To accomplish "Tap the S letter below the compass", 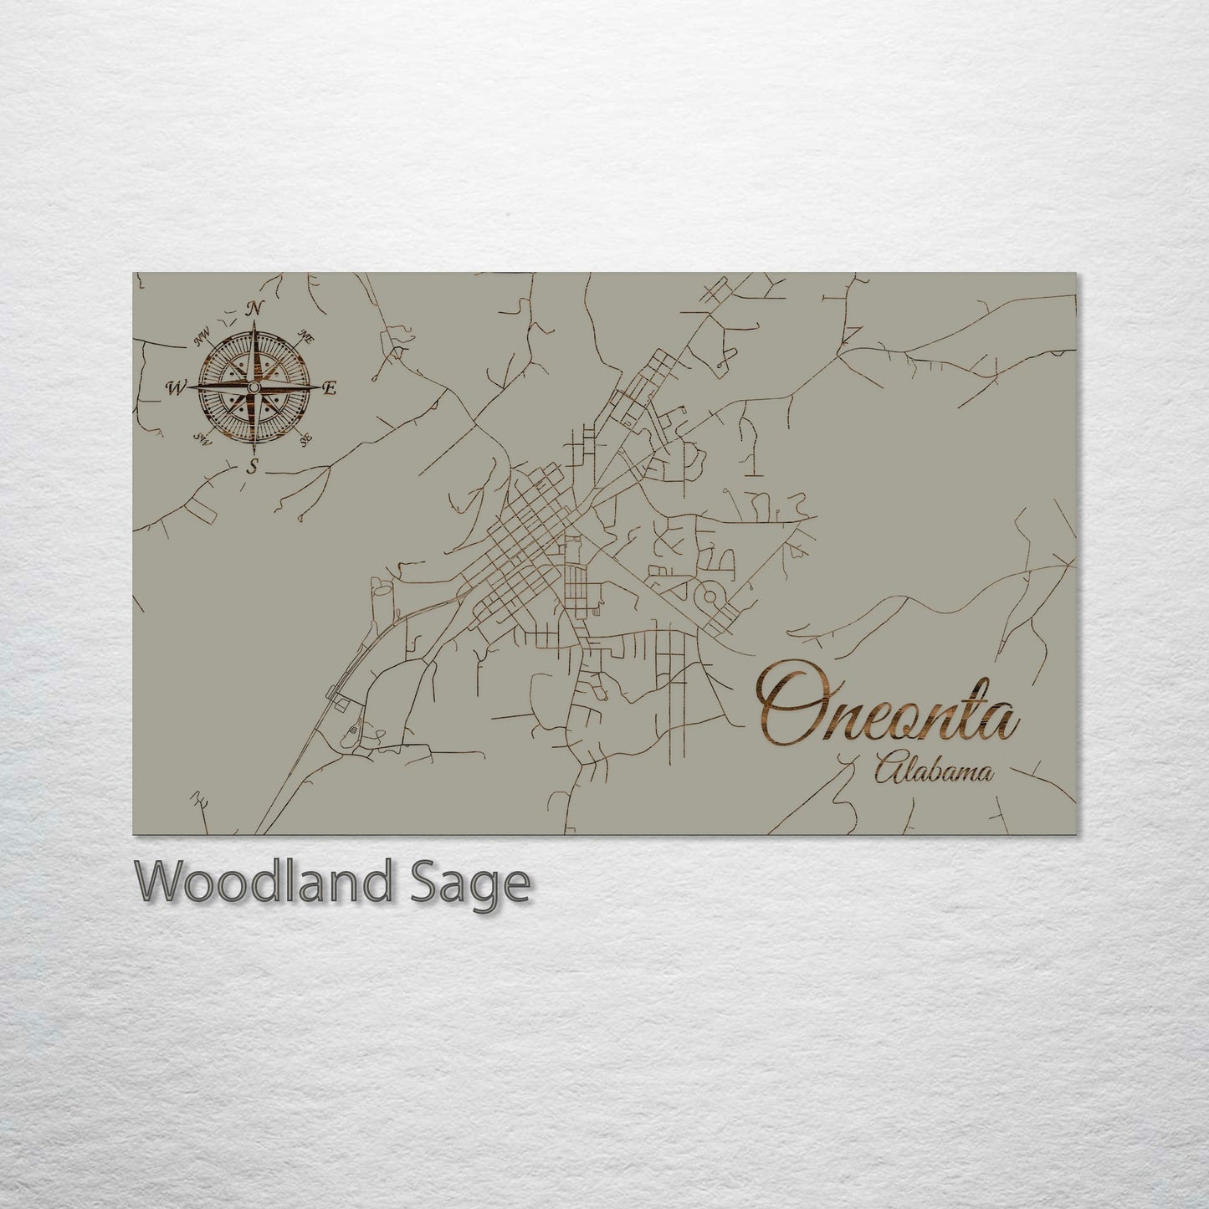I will (x=252, y=467).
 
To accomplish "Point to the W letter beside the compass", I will (x=176, y=387).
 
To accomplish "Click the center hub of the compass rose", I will (x=253, y=387).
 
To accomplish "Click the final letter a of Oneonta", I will (x=1004, y=721).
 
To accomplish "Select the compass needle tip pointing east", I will (x=319, y=387).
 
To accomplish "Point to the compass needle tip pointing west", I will (x=187, y=387).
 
